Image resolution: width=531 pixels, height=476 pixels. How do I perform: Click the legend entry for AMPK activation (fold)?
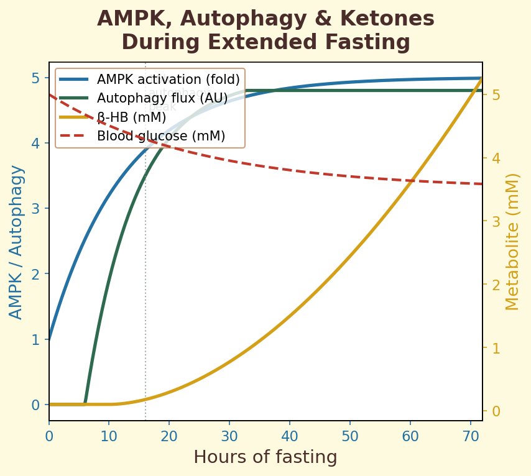click(168, 80)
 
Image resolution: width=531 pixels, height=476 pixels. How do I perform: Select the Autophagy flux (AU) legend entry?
click(162, 98)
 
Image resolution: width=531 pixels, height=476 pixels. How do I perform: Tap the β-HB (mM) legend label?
click(131, 117)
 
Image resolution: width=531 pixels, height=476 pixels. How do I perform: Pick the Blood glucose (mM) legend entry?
click(160, 135)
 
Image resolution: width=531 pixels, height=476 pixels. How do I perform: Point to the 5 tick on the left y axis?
click(36, 78)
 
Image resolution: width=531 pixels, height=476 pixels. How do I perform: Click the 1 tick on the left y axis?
click(36, 339)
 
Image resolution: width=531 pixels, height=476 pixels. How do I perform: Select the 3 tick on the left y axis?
click(36, 209)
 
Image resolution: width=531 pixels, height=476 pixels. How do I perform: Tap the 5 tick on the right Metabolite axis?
click(496, 95)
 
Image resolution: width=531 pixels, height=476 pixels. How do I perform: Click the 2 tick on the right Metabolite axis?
click(496, 285)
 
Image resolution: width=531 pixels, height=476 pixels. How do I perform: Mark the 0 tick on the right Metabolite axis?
click(496, 411)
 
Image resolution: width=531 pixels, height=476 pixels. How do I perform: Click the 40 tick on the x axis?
click(290, 437)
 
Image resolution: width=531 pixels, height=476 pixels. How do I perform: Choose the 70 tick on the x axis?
click(470, 437)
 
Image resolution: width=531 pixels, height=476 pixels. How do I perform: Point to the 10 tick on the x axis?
click(109, 437)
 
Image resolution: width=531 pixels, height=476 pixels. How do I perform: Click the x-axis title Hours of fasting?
click(265, 457)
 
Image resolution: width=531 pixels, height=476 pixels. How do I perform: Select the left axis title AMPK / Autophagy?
click(16, 242)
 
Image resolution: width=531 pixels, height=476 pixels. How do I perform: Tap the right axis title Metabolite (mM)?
click(512, 242)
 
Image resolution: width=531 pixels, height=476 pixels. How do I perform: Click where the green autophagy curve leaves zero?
click(85, 404)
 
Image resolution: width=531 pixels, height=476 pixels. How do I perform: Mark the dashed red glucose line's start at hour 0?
click(50, 94)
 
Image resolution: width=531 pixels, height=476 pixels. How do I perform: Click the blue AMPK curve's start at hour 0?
click(50, 339)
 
